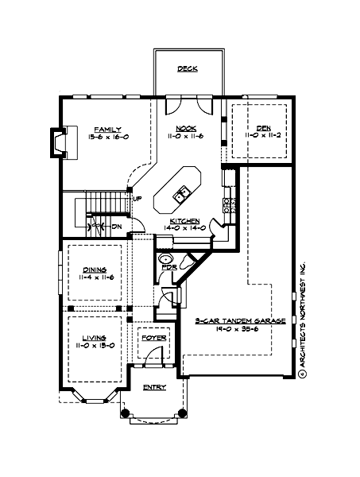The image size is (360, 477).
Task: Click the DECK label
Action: tap(188, 68)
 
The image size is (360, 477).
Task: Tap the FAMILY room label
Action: tap(106, 128)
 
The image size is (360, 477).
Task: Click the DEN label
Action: tap(263, 128)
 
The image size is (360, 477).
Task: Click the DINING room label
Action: tap(95, 270)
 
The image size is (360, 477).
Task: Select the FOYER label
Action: tap(153, 338)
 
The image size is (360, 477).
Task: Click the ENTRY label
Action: tap(153, 387)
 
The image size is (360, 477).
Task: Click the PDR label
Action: tap(168, 267)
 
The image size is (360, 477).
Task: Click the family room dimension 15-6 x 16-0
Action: tap(106, 136)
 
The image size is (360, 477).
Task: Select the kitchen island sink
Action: tap(182, 192)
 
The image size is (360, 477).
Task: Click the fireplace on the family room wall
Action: tap(57, 140)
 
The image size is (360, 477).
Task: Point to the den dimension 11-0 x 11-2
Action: tap(263, 136)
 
